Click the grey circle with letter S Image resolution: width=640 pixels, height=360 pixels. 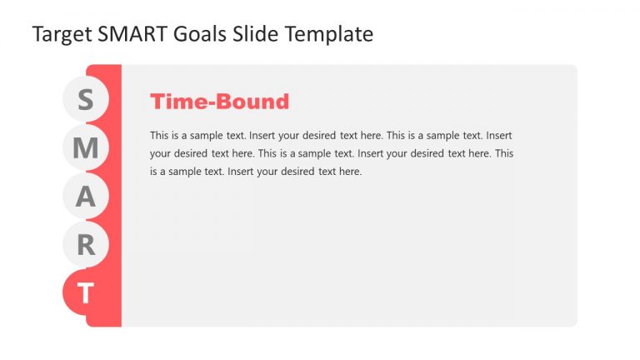86,100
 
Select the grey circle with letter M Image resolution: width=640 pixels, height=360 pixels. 86,148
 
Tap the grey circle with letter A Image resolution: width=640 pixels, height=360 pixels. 86,197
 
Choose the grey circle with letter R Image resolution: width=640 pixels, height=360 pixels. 86,245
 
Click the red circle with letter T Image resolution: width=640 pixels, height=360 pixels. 86,292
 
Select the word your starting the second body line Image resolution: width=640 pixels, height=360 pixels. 161,153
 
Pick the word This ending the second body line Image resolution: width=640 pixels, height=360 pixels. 503,153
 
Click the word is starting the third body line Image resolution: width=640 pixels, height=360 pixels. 154,172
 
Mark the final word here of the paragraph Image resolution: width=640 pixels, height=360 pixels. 350,172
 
